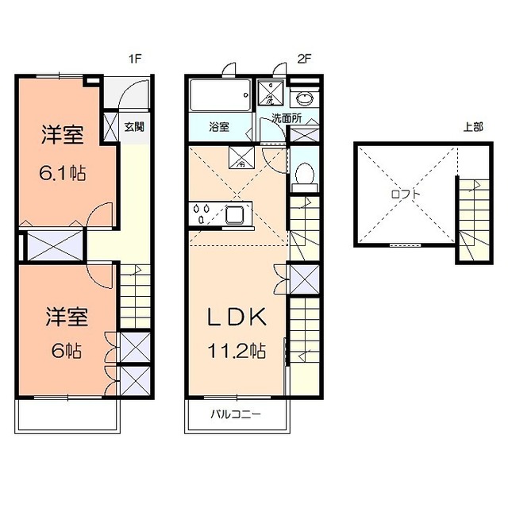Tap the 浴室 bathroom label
219,126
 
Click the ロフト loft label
405,193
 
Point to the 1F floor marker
137,57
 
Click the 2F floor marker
302,57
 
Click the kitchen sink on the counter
235,214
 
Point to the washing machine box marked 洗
271,97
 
